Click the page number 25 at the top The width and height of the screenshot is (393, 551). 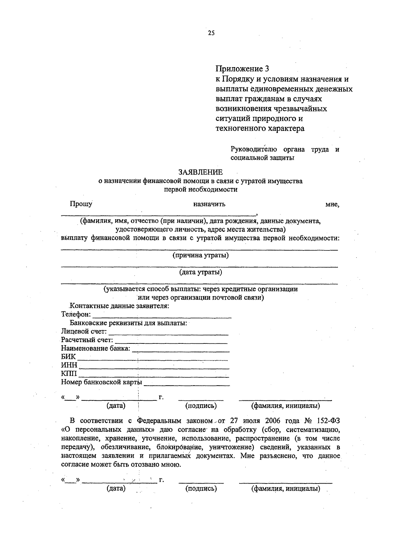coord(211,33)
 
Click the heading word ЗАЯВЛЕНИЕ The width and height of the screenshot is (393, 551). coord(200,172)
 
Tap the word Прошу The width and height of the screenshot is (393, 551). coord(81,204)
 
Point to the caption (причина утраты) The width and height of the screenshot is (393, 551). coord(200,255)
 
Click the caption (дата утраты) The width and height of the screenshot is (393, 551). coord(200,272)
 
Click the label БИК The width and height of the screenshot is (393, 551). coord(68,357)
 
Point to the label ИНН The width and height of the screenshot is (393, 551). coord(69,365)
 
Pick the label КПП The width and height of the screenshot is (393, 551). coord(69,374)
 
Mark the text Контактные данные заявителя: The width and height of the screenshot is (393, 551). coord(120,306)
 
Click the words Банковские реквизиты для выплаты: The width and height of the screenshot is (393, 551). coord(130,323)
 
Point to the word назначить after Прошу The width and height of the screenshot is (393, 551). coord(209,204)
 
